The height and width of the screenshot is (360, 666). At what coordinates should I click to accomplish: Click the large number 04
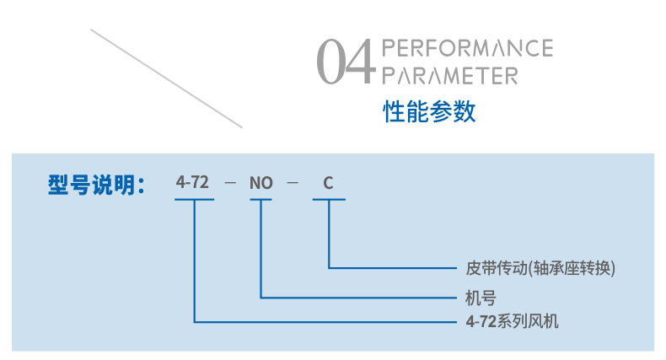(344, 62)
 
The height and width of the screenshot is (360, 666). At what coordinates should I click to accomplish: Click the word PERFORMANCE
(467, 47)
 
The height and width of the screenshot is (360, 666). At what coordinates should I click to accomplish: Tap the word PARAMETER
(449, 76)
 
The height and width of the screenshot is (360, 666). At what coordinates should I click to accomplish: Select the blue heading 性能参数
(430, 111)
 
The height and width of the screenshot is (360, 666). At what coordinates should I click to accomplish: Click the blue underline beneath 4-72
(194, 200)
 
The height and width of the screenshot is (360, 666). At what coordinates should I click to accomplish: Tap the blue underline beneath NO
(261, 200)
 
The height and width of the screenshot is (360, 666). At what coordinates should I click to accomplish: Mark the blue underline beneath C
(328, 200)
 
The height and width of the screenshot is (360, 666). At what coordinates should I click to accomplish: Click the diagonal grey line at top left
(166, 78)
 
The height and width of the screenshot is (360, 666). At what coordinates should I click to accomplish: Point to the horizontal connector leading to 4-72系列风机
(329, 321)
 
